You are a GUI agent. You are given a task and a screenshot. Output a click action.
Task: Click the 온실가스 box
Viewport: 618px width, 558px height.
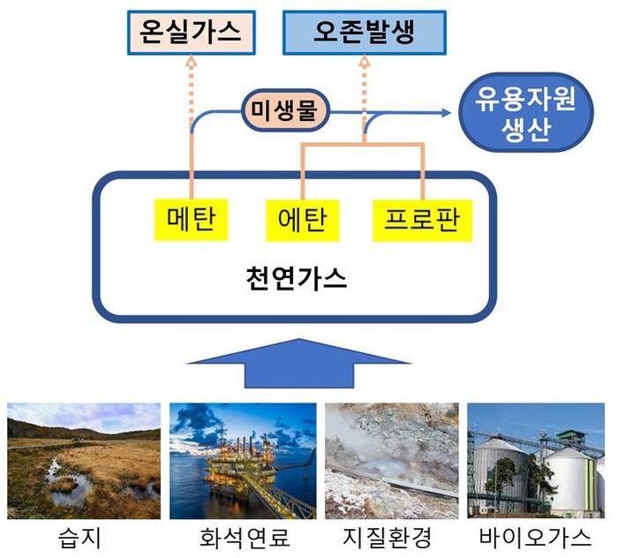191,33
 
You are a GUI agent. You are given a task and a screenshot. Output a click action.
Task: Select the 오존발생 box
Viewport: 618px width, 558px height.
364,33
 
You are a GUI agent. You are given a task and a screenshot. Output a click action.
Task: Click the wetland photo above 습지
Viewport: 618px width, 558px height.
84,461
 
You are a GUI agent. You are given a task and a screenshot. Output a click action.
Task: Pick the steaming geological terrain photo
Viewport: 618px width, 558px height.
392,461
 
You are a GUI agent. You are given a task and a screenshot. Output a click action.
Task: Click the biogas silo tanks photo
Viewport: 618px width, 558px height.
536,461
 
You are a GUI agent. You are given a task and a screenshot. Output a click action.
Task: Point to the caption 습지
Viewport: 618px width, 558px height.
84,537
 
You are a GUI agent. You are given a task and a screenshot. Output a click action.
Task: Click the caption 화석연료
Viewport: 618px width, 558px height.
243,537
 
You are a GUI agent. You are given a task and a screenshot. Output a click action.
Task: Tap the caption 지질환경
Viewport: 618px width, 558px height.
392,537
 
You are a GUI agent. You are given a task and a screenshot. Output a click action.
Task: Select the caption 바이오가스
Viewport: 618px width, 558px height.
536,537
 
